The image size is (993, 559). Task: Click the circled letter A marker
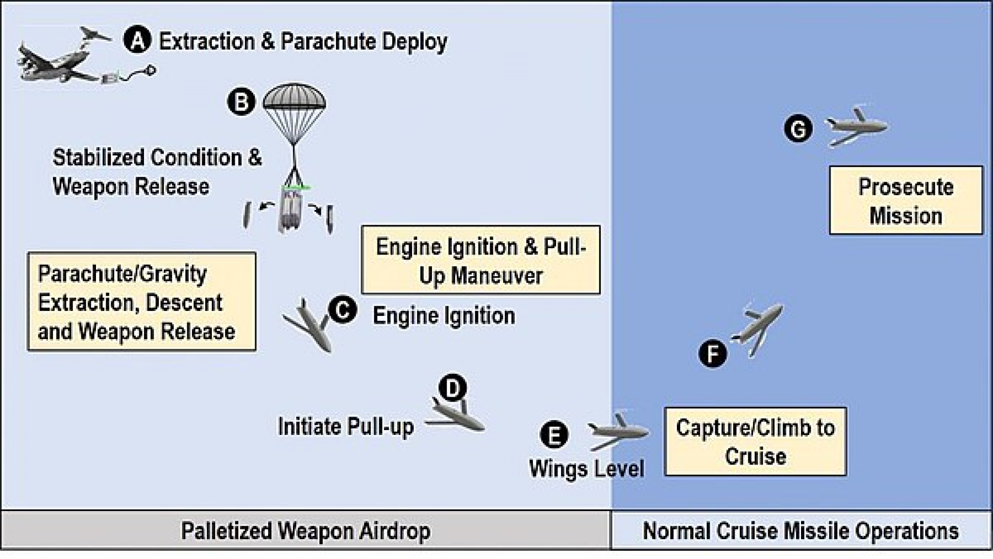pyautogui.click(x=137, y=40)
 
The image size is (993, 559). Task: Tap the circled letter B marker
pyautogui.click(x=241, y=102)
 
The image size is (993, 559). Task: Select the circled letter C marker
pyautogui.click(x=343, y=310)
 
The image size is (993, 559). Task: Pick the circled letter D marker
pyautogui.click(x=452, y=387)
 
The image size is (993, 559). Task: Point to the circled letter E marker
pyautogui.click(x=554, y=434)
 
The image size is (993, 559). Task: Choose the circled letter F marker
pyautogui.click(x=713, y=354)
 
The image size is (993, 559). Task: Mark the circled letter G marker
pyautogui.click(x=798, y=129)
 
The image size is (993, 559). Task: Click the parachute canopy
pyautogui.click(x=294, y=97)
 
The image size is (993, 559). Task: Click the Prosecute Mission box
pyautogui.click(x=906, y=201)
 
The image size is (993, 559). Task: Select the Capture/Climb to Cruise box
pyautogui.click(x=755, y=441)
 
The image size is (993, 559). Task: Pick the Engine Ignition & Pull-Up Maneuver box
pyautogui.click(x=480, y=260)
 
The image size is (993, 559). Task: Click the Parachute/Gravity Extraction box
pyautogui.click(x=142, y=302)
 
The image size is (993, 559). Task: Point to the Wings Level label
pyautogui.click(x=587, y=468)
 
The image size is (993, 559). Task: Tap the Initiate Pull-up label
pyautogui.click(x=346, y=427)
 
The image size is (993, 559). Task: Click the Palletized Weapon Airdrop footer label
pyautogui.click(x=305, y=531)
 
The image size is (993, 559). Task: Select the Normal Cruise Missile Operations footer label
pyautogui.click(x=801, y=531)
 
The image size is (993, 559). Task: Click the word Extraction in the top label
pyautogui.click(x=207, y=42)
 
